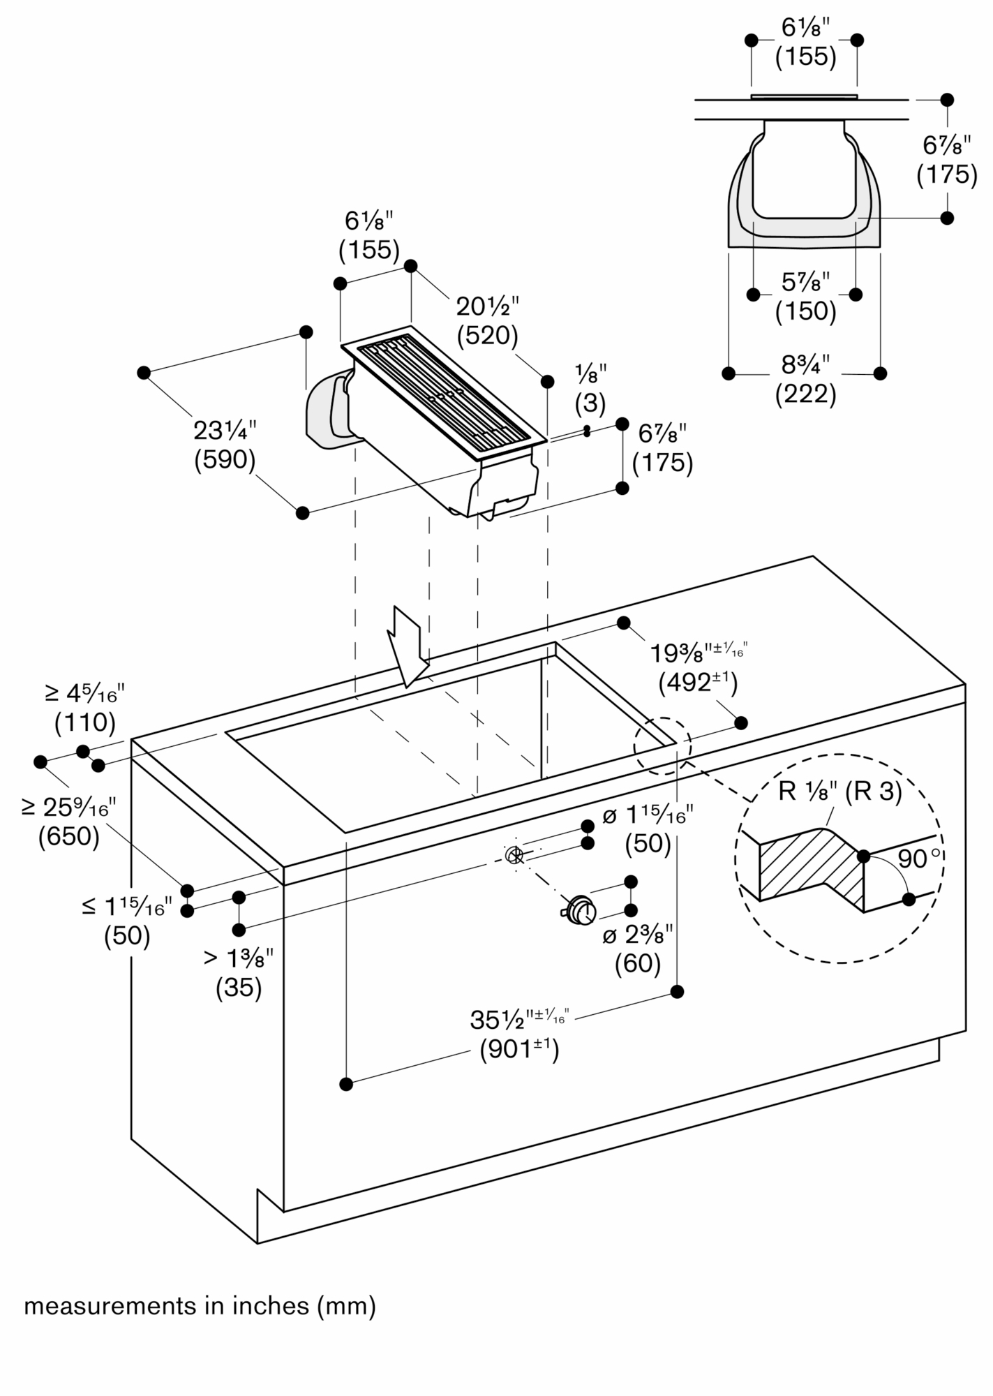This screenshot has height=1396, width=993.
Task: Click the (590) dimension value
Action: click(225, 460)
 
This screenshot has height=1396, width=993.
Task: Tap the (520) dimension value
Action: click(487, 336)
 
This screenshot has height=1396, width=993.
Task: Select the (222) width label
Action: click(805, 394)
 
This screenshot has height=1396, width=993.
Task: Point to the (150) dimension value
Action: click(805, 311)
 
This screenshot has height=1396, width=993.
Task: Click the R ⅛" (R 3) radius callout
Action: click(840, 792)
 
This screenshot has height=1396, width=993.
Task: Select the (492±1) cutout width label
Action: click(698, 682)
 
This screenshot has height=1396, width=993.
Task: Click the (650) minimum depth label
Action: click(69, 836)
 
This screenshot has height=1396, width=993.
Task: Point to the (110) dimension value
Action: click(85, 722)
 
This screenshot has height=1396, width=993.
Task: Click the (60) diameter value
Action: click(638, 963)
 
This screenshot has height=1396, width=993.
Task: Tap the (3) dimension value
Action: click(590, 403)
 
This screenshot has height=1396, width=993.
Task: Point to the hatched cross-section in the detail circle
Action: click(809, 863)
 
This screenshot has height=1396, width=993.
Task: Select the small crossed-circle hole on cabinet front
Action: click(514, 854)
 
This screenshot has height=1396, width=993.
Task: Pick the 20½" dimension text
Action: click(488, 306)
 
